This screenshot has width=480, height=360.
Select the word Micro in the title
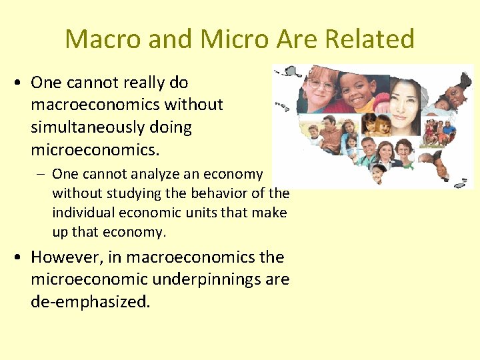tap(233, 39)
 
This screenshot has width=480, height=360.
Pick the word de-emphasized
tap(90, 301)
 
